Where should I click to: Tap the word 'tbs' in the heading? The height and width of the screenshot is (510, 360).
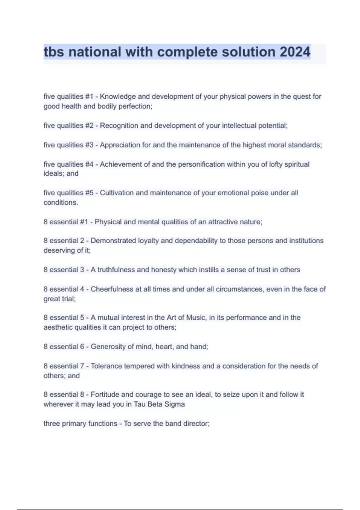point(54,52)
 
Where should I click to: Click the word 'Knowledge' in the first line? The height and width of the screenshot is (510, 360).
point(118,97)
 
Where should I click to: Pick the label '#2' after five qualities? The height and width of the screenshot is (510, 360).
point(89,126)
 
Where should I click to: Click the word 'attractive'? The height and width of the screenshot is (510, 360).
point(222,222)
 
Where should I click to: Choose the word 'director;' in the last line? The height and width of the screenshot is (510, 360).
point(196,424)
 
